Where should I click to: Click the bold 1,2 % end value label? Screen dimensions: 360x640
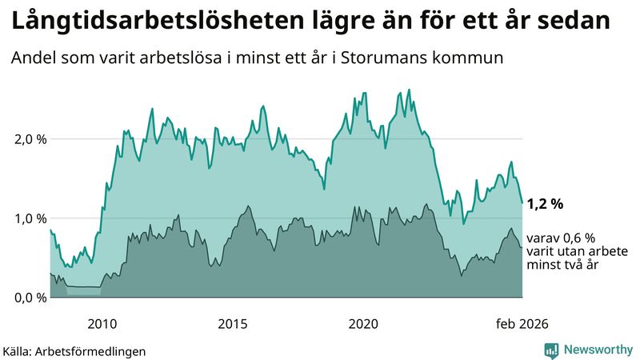point(546,204)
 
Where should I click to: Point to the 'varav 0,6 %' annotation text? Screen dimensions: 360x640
point(561,238)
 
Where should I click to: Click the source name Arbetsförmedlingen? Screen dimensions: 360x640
point(95,350)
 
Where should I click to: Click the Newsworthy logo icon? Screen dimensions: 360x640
point(551,350)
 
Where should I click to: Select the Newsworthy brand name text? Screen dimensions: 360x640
point(598,350)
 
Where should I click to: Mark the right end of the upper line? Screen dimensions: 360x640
point(522,202)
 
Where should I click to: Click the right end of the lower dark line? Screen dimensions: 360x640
point(522,247)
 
